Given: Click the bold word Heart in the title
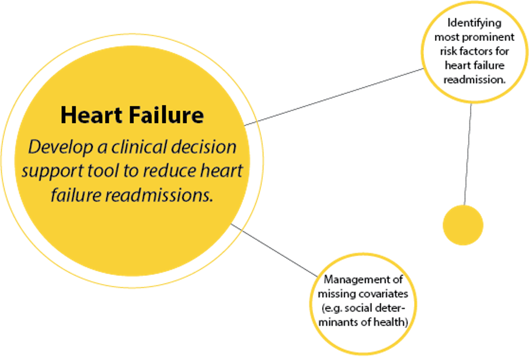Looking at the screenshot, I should tap(87, 116).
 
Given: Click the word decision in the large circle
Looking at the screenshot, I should tap(205, 147).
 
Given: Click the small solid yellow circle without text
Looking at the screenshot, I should tap(463, 225).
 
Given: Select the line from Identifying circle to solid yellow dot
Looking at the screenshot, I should tap(468, 155).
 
